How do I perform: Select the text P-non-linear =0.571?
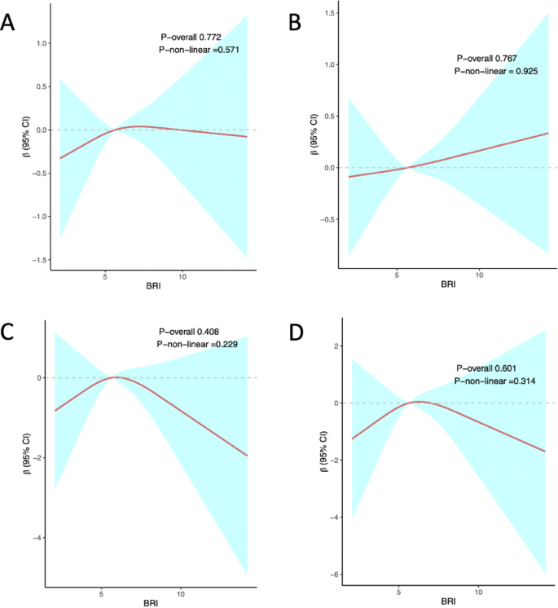click(x=199, y=51)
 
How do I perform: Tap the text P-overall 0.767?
click(x=487, y=59)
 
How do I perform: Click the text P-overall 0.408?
click(x=189, y=332)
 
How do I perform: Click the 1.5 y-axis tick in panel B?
click(x=329, y=14)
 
